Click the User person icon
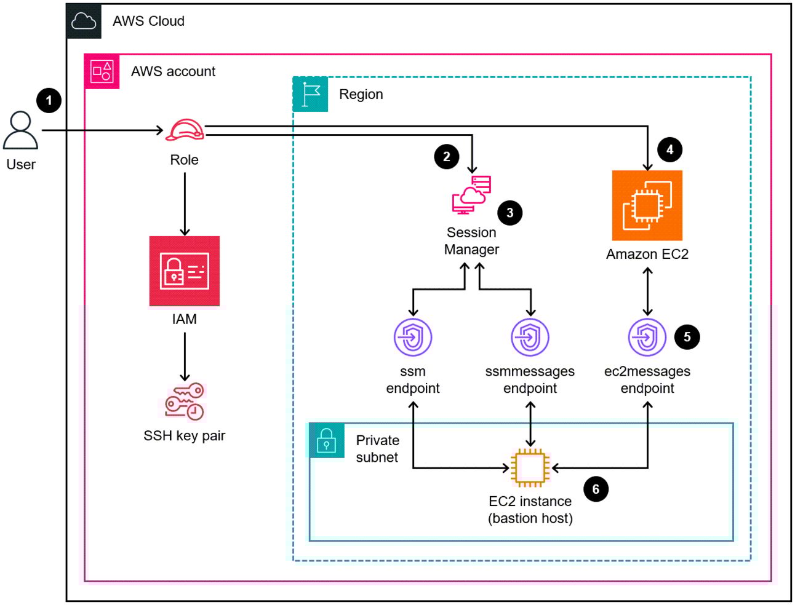point(21,130)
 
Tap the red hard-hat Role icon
point(185,130)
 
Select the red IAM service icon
point(185,271)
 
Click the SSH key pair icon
point(185,402)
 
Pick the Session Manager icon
point(472,195)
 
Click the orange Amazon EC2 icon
point(647,205)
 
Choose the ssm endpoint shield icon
point(413,337)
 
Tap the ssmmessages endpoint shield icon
point(530,337)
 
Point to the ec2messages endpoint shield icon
point(647,337)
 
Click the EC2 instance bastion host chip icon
point(530,468)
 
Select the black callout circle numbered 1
point(49,100)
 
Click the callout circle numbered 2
point(447,157)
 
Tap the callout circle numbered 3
point(510,213)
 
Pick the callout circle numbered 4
point(670,149)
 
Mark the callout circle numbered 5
point(687,337)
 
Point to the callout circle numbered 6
point(596,489)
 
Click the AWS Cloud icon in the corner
point(84,22)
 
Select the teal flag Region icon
point(311,95)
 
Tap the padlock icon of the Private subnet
point(326,440)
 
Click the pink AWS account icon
point(102,71)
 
